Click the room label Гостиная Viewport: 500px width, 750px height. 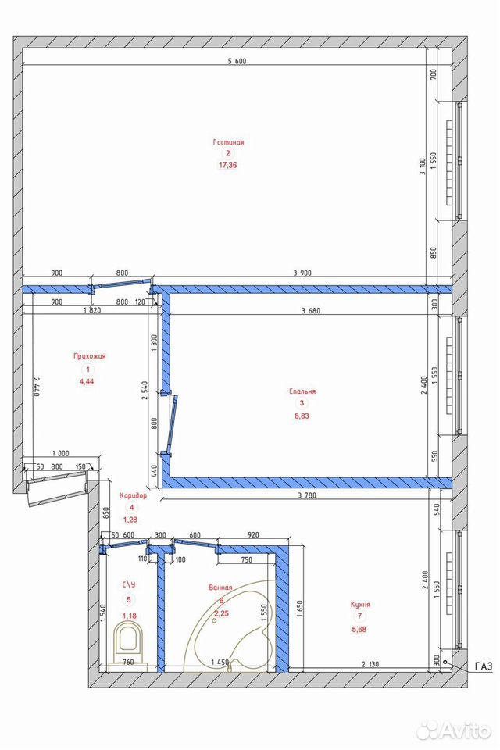click(228, 142)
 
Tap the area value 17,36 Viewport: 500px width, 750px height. click(228, 166)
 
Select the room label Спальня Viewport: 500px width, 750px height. click(302, 391)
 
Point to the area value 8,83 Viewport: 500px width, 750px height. click(302, 416)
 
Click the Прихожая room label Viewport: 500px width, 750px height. click(90, 356)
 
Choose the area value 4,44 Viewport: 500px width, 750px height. click(87, 382)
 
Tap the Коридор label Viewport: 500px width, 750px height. click(133, 496)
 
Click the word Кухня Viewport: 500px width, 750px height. click(360, 605)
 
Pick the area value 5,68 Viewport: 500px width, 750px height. click(359, 630)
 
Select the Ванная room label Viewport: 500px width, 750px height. click(220, 587)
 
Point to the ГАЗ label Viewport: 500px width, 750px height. click(484, 666)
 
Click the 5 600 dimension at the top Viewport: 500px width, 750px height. click(237, 61)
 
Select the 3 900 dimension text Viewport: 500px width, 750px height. click(302, 273)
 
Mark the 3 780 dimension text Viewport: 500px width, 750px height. click(307, 495)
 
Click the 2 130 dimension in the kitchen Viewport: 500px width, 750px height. click(370, 664)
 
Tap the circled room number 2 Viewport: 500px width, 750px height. click(228, 154)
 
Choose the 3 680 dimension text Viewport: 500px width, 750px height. click(311, 311)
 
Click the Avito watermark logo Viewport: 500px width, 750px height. click(454, 730)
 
